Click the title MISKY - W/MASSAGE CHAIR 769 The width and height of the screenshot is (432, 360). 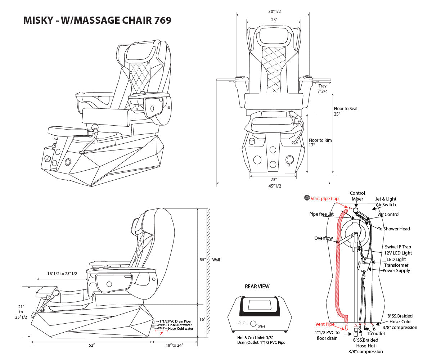(97, 20)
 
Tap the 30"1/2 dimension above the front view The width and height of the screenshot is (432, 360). (275, 12)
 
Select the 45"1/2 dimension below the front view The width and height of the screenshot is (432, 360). (275, 186)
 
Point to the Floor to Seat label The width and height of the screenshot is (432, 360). (346, 111)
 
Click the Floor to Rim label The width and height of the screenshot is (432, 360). (320, 143)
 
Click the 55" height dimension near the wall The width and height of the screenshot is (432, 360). (203, 260)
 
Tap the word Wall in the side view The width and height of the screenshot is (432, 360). (216, 260)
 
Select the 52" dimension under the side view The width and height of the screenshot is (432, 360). (91, 345)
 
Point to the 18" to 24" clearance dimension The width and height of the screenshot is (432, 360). (175, 345)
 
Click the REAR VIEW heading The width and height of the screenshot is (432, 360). (257, 287)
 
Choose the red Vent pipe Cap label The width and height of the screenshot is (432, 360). (324, 199)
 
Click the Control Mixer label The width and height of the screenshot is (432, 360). (357, 196)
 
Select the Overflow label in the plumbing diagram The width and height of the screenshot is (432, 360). (323, 238)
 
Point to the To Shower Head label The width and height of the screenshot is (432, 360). (393, 229)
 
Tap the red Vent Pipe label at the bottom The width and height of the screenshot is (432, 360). (325, 324)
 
